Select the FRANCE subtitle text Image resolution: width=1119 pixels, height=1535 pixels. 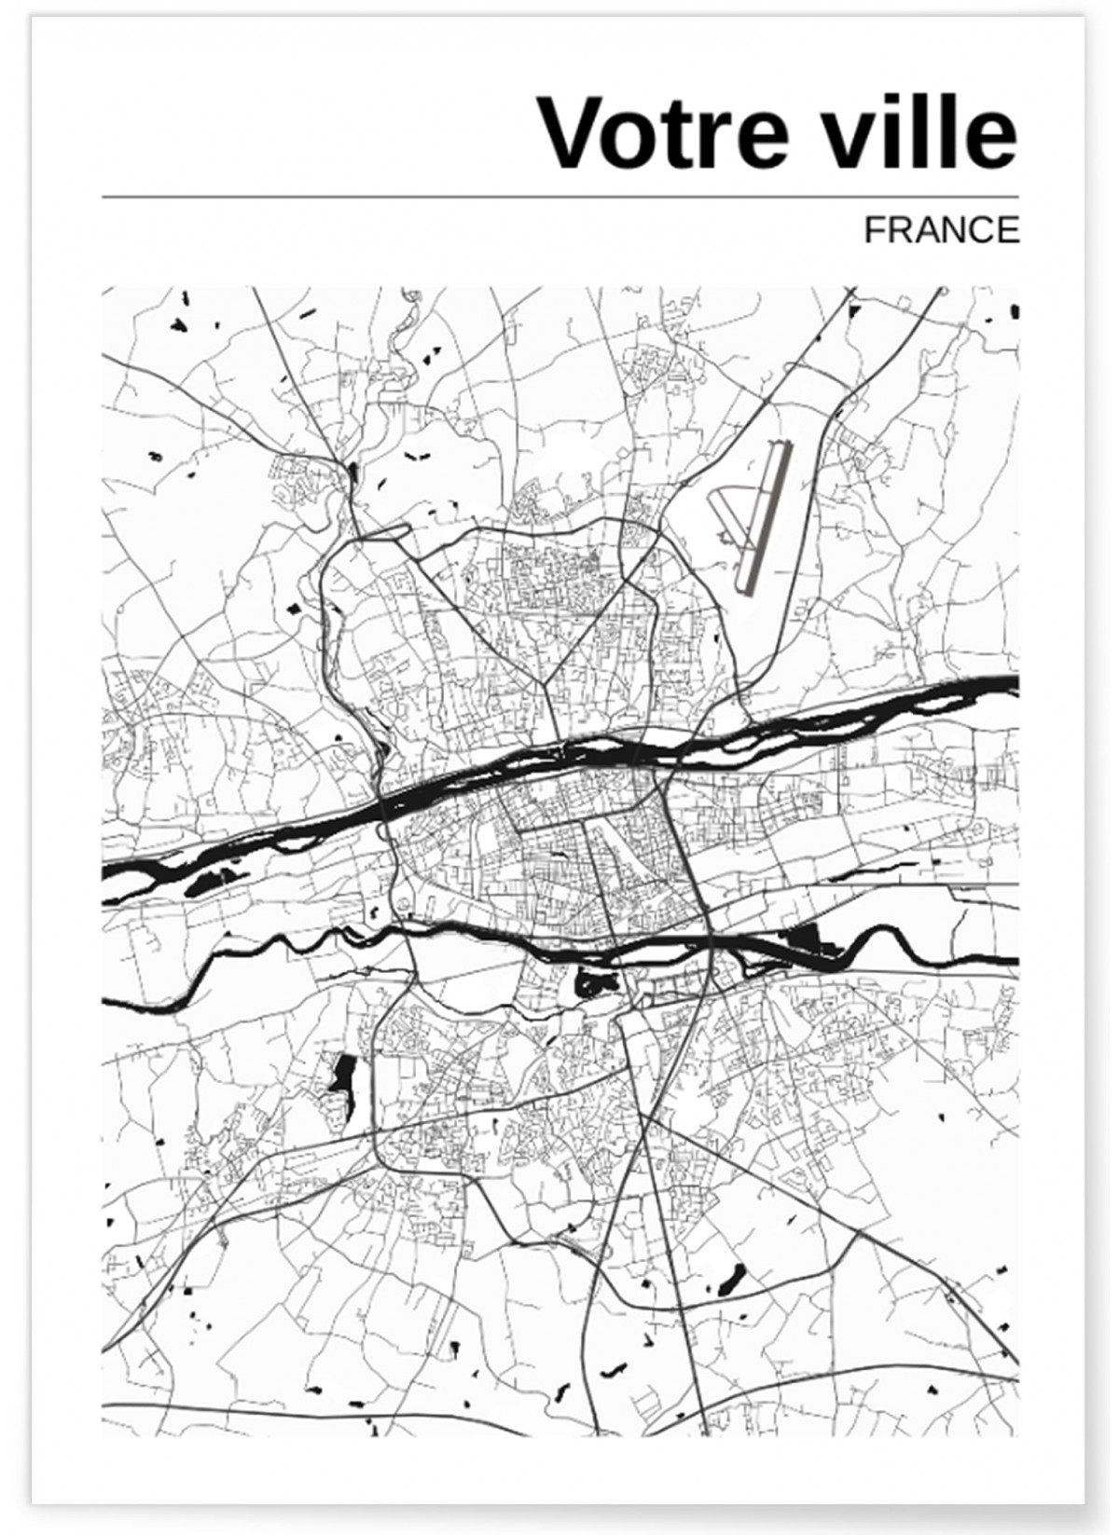point(941,229)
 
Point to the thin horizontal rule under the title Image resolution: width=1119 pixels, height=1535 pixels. point(559,198)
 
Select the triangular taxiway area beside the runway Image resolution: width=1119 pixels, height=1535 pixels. point(732,522)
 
